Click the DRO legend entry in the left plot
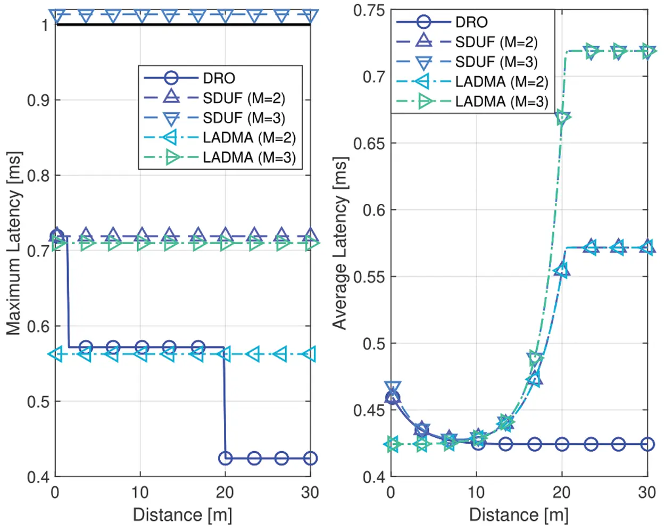tap(219, 78)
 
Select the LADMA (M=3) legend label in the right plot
tap(501, 102)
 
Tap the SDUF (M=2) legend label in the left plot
tap(244, 98)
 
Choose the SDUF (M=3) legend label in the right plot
tap(496, 62)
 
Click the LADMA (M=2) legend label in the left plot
tap(249, 137)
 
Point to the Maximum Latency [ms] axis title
tap(14, 243)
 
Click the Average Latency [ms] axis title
tap(340, 243)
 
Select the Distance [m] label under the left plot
tap(182, 515)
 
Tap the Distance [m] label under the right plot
tap(519, 515)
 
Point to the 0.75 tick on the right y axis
tap(369, 10)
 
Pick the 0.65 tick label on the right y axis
tap(369, 143)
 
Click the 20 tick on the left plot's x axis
tap(225, 492)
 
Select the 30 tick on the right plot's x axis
tap(647, 492)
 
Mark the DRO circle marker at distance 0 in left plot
tap(56, 237)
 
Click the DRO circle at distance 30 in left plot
tap(310, 458)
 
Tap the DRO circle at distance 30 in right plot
tap(647, 444)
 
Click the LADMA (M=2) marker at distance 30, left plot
tap(310, 354)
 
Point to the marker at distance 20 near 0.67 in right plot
tap(562, 118)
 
